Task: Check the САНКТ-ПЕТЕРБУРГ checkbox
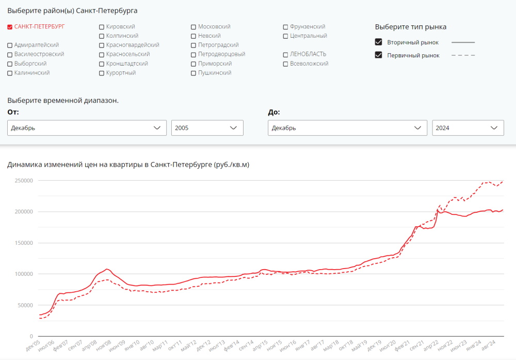(x=10, y=27)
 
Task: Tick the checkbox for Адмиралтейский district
(x=10, y=45)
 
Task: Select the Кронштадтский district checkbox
(x=102, y=64)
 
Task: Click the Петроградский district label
(x=218, y=45)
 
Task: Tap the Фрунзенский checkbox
(x=286, y=27)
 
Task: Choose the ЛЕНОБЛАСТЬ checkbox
(x=286, y=55)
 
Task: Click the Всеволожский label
(x=309, y=64)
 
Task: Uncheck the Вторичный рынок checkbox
(x=378, y=42)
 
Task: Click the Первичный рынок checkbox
(x=378, y=55)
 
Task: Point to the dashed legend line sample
(x=463, y=55)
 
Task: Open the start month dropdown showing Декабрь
(x=87, y=128)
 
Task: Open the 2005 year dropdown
(x=207, y=128)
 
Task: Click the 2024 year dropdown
(x=468, y=128)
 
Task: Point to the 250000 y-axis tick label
(x=24, y=180)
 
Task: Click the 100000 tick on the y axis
(x=24, y=274)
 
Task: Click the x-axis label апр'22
(x=431, y=346)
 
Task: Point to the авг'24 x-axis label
(x=488, y=346)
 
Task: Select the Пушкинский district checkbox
(x=193, y=73)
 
